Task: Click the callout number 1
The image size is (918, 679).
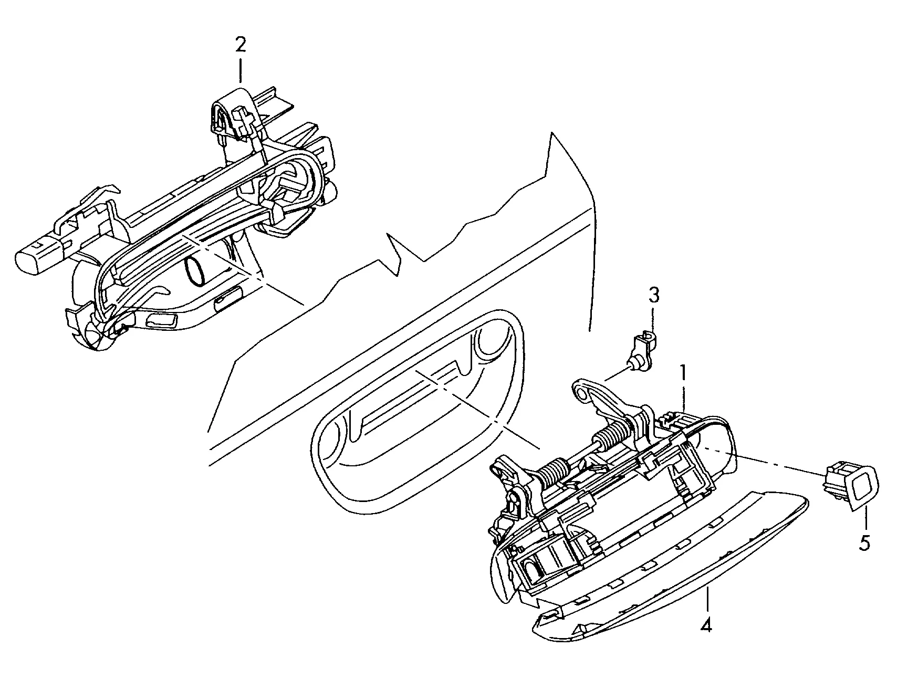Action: [x=683, y=374]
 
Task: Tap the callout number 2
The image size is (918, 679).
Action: [x=240, y=45]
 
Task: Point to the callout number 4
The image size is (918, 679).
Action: [x=707, y=625]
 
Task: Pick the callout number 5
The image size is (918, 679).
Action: [x=865, y=542]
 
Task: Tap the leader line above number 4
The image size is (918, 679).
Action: [x=707, y=599]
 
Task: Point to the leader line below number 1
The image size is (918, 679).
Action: [x=684, y=399]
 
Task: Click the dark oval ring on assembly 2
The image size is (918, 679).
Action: [x=196, y=273]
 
